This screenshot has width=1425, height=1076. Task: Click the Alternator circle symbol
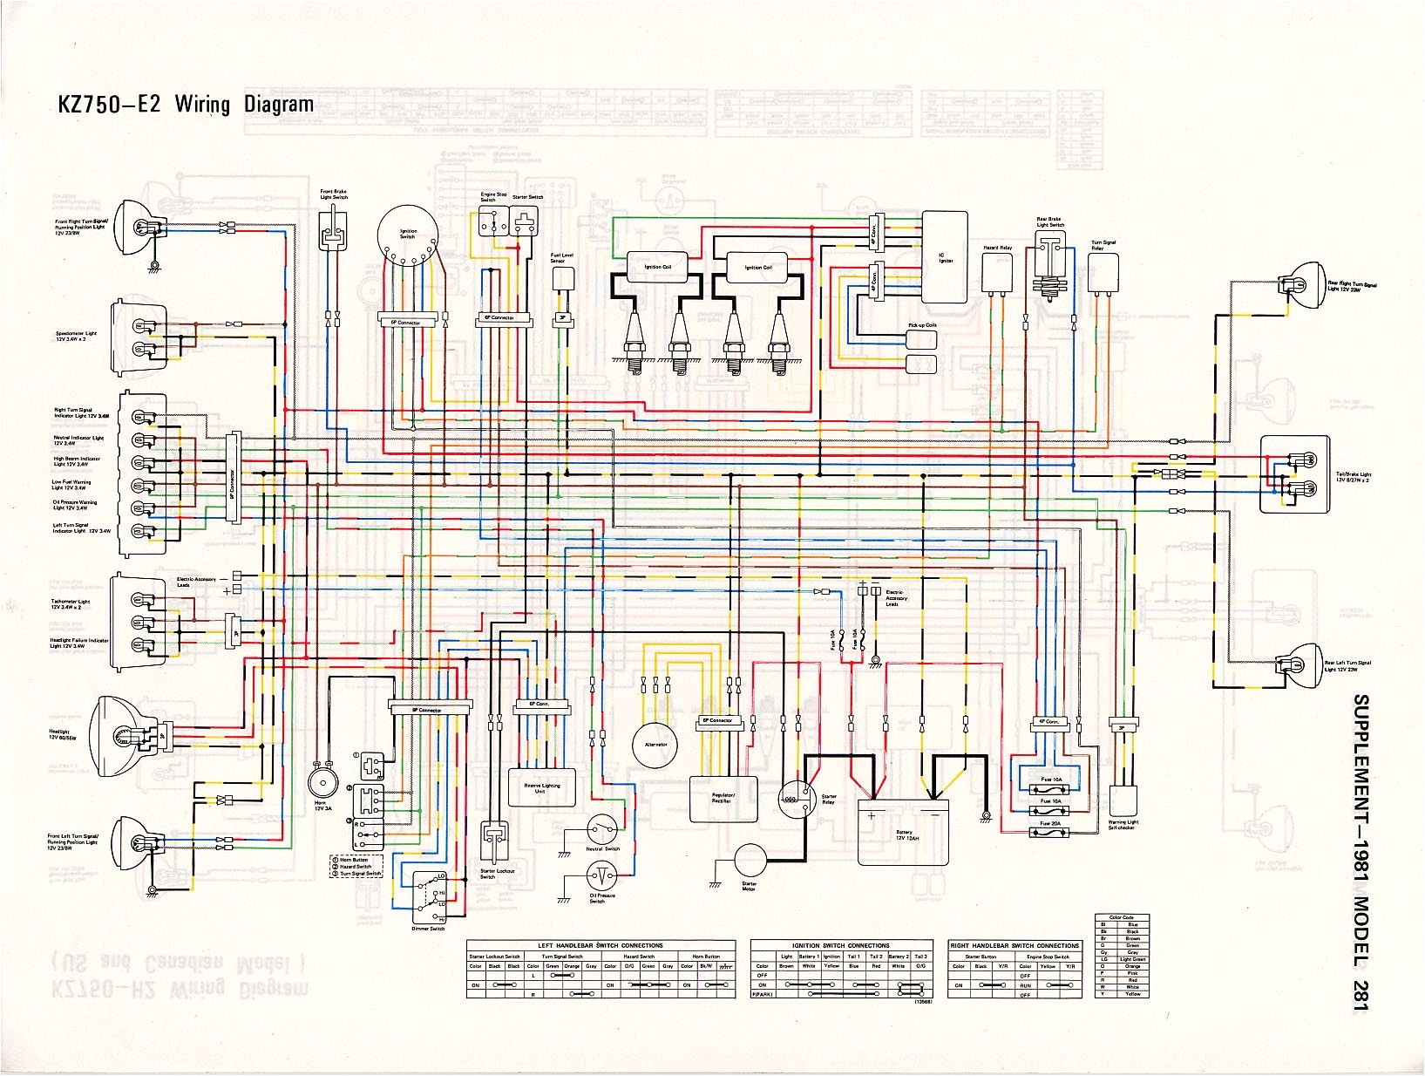pos(655,745)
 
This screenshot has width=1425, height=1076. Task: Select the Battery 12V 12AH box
pos(902,832)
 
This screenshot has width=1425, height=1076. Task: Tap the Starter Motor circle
pos(750,861)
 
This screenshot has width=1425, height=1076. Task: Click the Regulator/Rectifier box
pos(723,799)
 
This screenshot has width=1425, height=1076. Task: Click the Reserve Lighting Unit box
pos(541,787)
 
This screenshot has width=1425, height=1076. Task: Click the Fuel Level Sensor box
pos(562,279)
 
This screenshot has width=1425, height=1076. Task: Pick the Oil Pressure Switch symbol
pos(601,875)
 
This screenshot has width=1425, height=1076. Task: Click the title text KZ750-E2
pos(109,104)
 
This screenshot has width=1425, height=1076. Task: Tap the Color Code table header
pos(1122,917)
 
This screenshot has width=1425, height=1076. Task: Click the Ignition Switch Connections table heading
pos(840,945)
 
